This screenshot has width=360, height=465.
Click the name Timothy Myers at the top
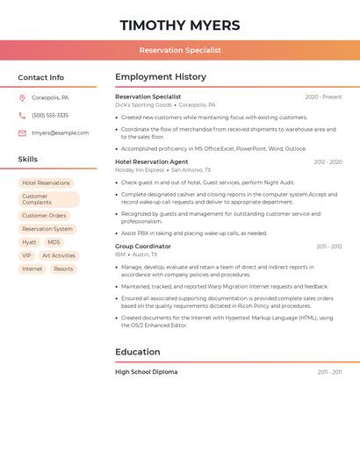pyautogui.click(x=179, y=25)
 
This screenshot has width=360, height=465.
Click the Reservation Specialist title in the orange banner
pyautogui.click(x=179, y=50)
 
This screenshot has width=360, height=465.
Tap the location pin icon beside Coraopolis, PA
pyautogui.click(x=22, y=98)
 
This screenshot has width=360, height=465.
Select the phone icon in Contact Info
pyautogui.click(x=22, y=116)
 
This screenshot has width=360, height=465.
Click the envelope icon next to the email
pyautogui.click(x=22, y=133)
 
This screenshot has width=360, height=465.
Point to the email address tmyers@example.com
pyautogui.click(x=60, y=133)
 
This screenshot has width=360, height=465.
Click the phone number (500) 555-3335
pyautogui.click(x=50, y=116)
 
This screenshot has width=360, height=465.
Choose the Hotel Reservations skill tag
pyautogui.click(x=46, y=183)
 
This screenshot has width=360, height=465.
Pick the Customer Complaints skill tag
pyautogui.click(x=48, y=199)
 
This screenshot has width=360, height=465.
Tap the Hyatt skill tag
pyautogui.click(x=29, y=242)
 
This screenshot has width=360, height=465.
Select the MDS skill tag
pyautogui.click(x=54, y=242)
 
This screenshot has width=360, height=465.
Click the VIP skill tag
pyautogui.click(x=26, y=255)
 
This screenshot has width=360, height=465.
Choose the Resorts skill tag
pyautogui.click(x=63, y=269)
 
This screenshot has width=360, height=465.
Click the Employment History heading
pyautogui.click(x=160, y=77)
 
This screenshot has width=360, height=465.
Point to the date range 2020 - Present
pyautogui.click(x=323, y=97)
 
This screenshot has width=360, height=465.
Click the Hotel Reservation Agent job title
pyautogui.click(x=151, y=162)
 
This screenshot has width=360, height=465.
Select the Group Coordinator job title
pyautogui.click(x=143, y=247)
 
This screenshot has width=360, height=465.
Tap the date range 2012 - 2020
pyautogui.click(x=328, y=162)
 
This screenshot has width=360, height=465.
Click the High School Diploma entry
pyautogui.click(x=146, y=372)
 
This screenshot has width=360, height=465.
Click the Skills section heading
pyautogui.click(x=27, y=160)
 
